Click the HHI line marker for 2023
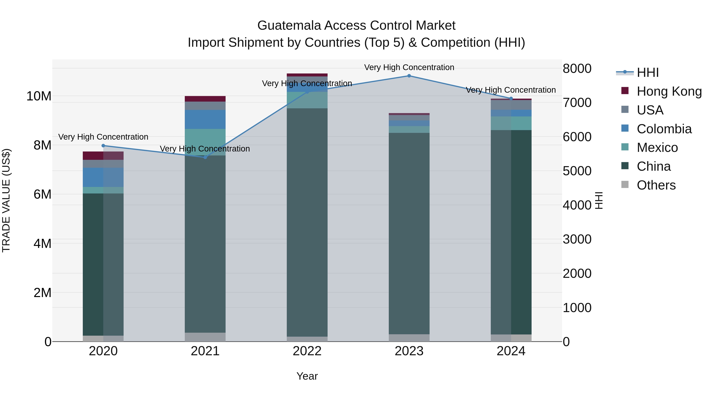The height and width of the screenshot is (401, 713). click(409, 76)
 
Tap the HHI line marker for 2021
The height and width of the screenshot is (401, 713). click(205, 157)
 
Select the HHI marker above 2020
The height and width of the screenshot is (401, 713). click(103, 146)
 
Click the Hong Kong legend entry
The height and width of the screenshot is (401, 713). click(669, 91)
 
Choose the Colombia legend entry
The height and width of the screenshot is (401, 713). click(664, 129)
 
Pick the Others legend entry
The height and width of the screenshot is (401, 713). click(656, 185)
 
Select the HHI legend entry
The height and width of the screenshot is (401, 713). click(647, 72)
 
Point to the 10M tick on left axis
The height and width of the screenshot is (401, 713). click(39, 96)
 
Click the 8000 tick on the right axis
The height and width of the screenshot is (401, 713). click(577, 69)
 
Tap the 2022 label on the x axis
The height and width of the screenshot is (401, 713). click(307, 351)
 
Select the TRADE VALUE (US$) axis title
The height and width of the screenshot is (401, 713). click(6, 200)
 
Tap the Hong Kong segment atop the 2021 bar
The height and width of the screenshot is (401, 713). click(205, 99)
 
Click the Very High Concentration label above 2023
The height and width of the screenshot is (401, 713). click(409, 67)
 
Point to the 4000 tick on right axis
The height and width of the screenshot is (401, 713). click(577, 205)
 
